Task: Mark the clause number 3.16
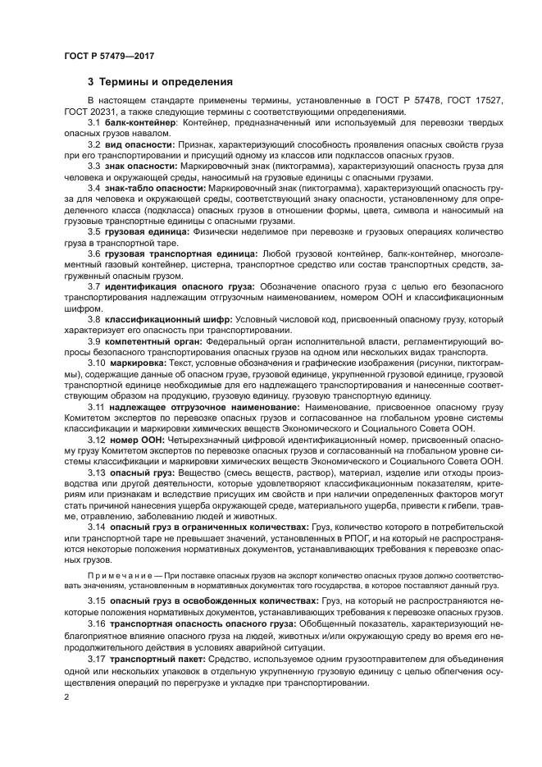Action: (x=97, y=623)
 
